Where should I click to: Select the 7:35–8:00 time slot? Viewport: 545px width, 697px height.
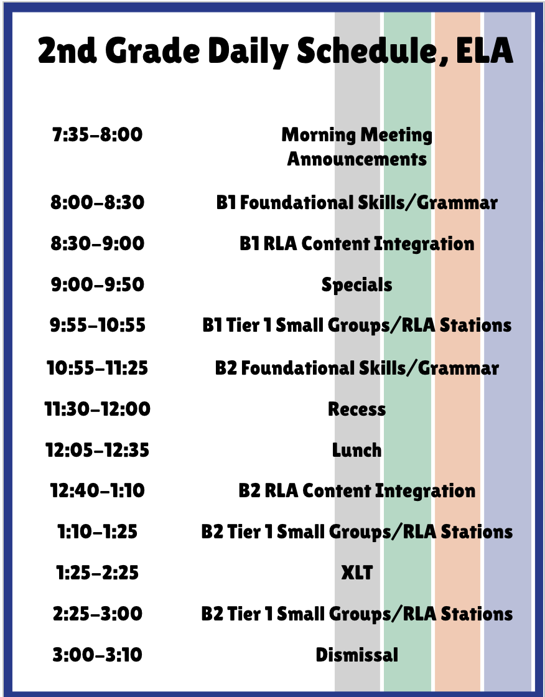[97, 134]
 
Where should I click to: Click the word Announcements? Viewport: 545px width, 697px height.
[357, 159]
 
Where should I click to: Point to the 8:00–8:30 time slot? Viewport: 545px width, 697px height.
[97, 202]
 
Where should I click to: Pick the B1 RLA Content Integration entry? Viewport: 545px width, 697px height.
[357, 244]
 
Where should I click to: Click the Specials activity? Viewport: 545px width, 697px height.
[357, 285]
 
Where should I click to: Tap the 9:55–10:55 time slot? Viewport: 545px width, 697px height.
[97, 325]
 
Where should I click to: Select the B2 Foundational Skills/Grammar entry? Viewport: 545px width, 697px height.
[357, 368]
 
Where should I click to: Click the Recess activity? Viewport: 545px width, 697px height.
[357, 409]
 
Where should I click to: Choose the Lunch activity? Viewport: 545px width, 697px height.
[357, 450]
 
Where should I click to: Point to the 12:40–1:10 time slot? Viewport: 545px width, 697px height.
[97, 490]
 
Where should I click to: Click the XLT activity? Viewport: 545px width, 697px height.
[357, 572]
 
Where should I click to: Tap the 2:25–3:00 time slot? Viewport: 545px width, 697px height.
[97, 614]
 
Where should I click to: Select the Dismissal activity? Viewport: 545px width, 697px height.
[357, 654]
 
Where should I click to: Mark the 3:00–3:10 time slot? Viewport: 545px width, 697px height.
[97, 654]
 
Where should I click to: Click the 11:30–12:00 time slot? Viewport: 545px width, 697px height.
[97, 409]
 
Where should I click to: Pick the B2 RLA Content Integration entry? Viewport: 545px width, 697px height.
[357, 491]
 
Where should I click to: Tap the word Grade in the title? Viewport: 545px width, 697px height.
[152, 50]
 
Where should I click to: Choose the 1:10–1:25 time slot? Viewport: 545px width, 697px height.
[97, 531]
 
